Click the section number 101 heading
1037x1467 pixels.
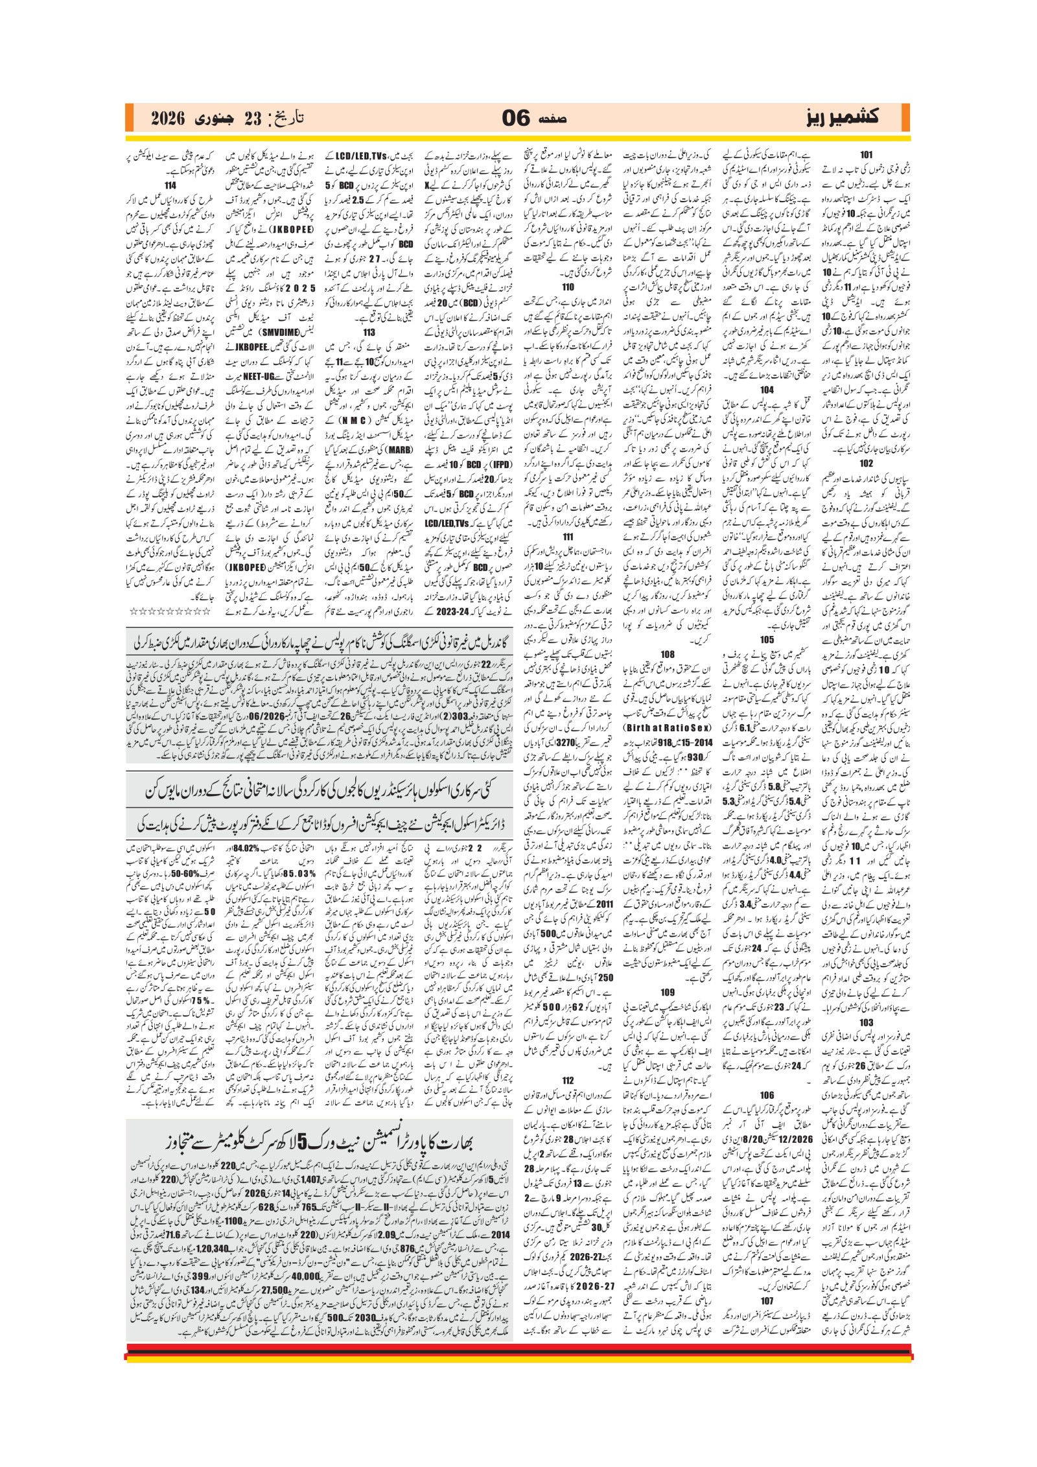click(866, 155)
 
